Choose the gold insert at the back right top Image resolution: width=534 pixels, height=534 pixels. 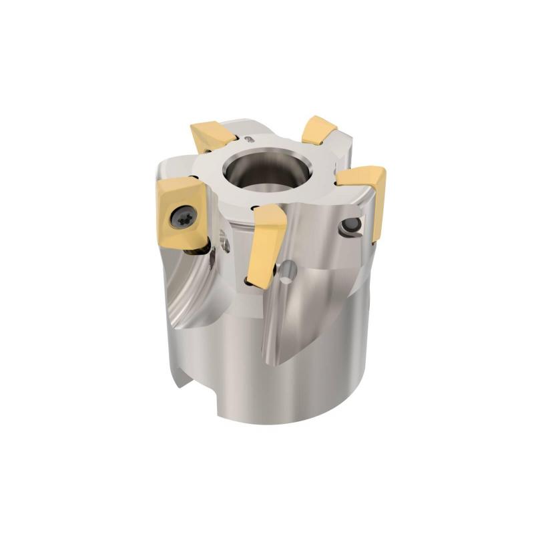(319, 129)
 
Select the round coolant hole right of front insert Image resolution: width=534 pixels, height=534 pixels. (288, 270)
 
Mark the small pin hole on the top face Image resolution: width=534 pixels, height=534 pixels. (248, 139)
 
